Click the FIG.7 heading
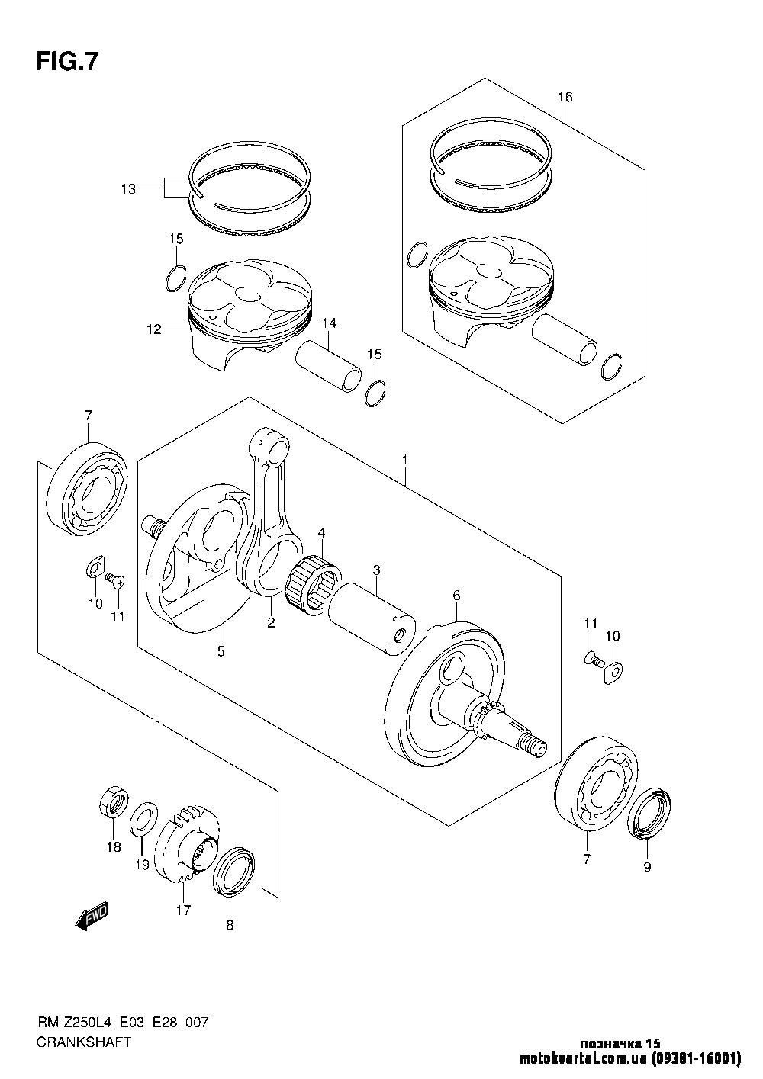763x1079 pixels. click(67, 62)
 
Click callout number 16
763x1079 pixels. click(565, 97)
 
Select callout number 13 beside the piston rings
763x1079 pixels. click(127, 188)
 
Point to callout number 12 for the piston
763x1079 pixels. click(155, 329)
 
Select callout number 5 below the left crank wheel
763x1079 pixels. click(221, 651)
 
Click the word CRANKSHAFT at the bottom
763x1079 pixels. click(83, 1042)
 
